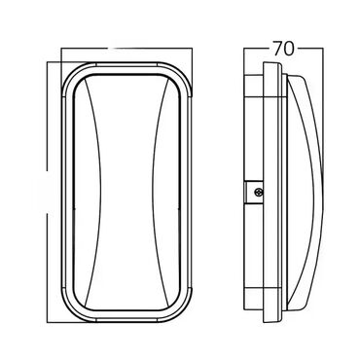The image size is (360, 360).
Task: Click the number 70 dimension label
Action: pyautogui.click(x=283, y=49)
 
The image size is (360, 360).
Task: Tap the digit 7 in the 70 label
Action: pyautogui.click(x=277, y=49)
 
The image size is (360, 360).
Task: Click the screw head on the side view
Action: pyautogui.click(x=258, y=192)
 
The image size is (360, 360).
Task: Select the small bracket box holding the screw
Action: pyautogui.click(x=253, y=192)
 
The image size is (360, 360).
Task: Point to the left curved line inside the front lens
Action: pyautogui.click(x=94, y=193)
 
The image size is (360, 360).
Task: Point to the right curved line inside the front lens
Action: pyautogui.click(x=158, y=193)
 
